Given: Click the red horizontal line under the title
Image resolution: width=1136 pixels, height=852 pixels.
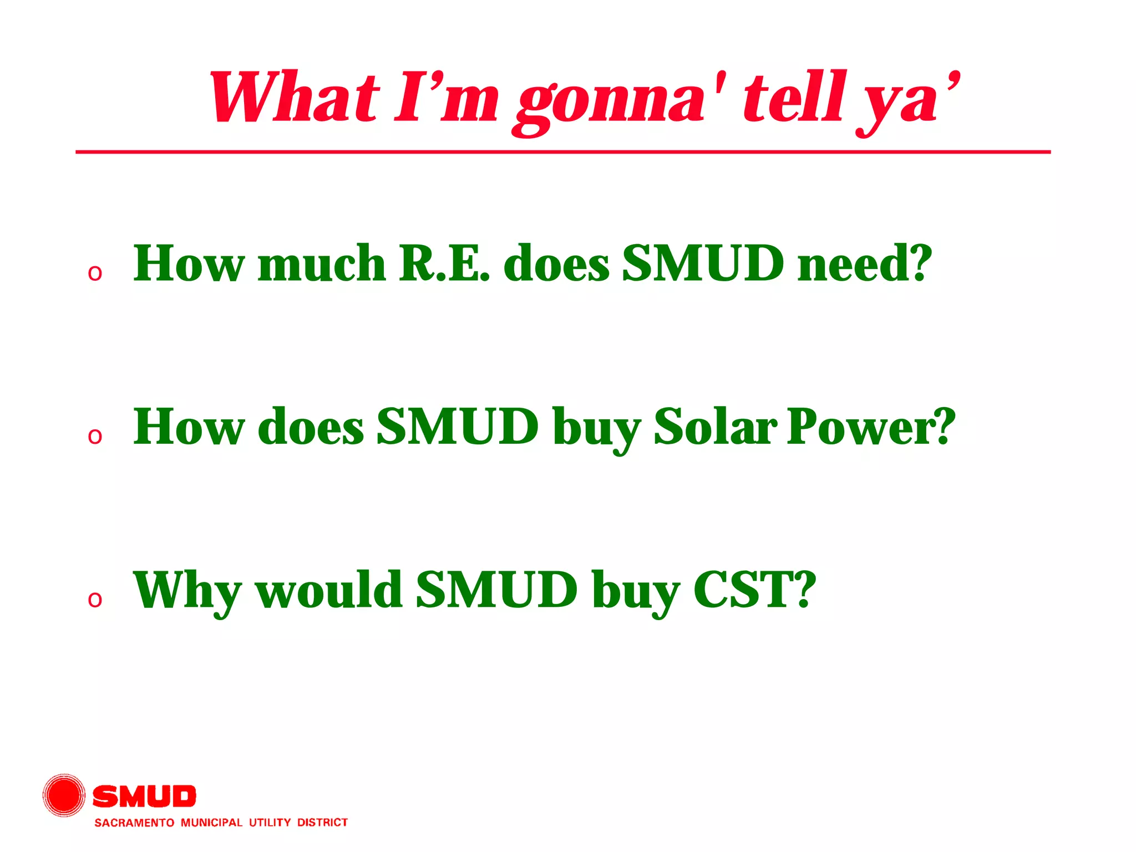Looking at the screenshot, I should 563,151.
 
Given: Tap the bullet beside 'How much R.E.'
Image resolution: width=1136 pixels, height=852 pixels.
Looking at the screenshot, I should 95,273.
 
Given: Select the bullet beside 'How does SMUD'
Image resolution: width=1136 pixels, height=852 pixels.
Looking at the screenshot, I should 95,436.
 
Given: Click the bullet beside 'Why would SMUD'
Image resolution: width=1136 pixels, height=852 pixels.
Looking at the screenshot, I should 95,599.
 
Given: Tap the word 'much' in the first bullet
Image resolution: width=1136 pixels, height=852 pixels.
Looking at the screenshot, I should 322,263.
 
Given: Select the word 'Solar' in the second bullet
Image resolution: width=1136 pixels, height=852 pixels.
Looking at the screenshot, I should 716,427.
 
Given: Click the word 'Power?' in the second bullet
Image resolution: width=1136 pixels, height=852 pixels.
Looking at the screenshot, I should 871,427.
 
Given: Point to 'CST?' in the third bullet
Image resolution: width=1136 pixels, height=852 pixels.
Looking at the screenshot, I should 755,590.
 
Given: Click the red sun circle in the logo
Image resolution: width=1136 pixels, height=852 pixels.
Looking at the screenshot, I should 64,795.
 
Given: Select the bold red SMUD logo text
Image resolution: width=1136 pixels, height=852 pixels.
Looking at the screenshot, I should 144,797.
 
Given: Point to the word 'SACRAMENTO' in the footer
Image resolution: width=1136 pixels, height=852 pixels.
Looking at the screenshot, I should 134,823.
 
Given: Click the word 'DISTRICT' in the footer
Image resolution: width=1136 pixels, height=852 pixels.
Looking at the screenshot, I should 322,822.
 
